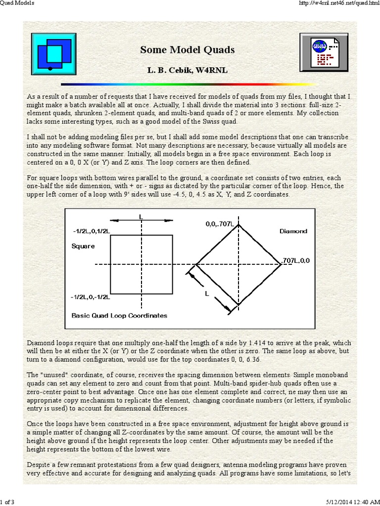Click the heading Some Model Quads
187,50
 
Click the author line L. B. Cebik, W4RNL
187,70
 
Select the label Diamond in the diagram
293,231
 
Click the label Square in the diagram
83,246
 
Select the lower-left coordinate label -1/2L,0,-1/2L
90,297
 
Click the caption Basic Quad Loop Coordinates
119,315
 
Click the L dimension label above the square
142,216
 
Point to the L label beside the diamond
207,294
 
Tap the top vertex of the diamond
239,225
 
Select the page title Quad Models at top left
17,4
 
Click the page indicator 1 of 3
7,502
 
